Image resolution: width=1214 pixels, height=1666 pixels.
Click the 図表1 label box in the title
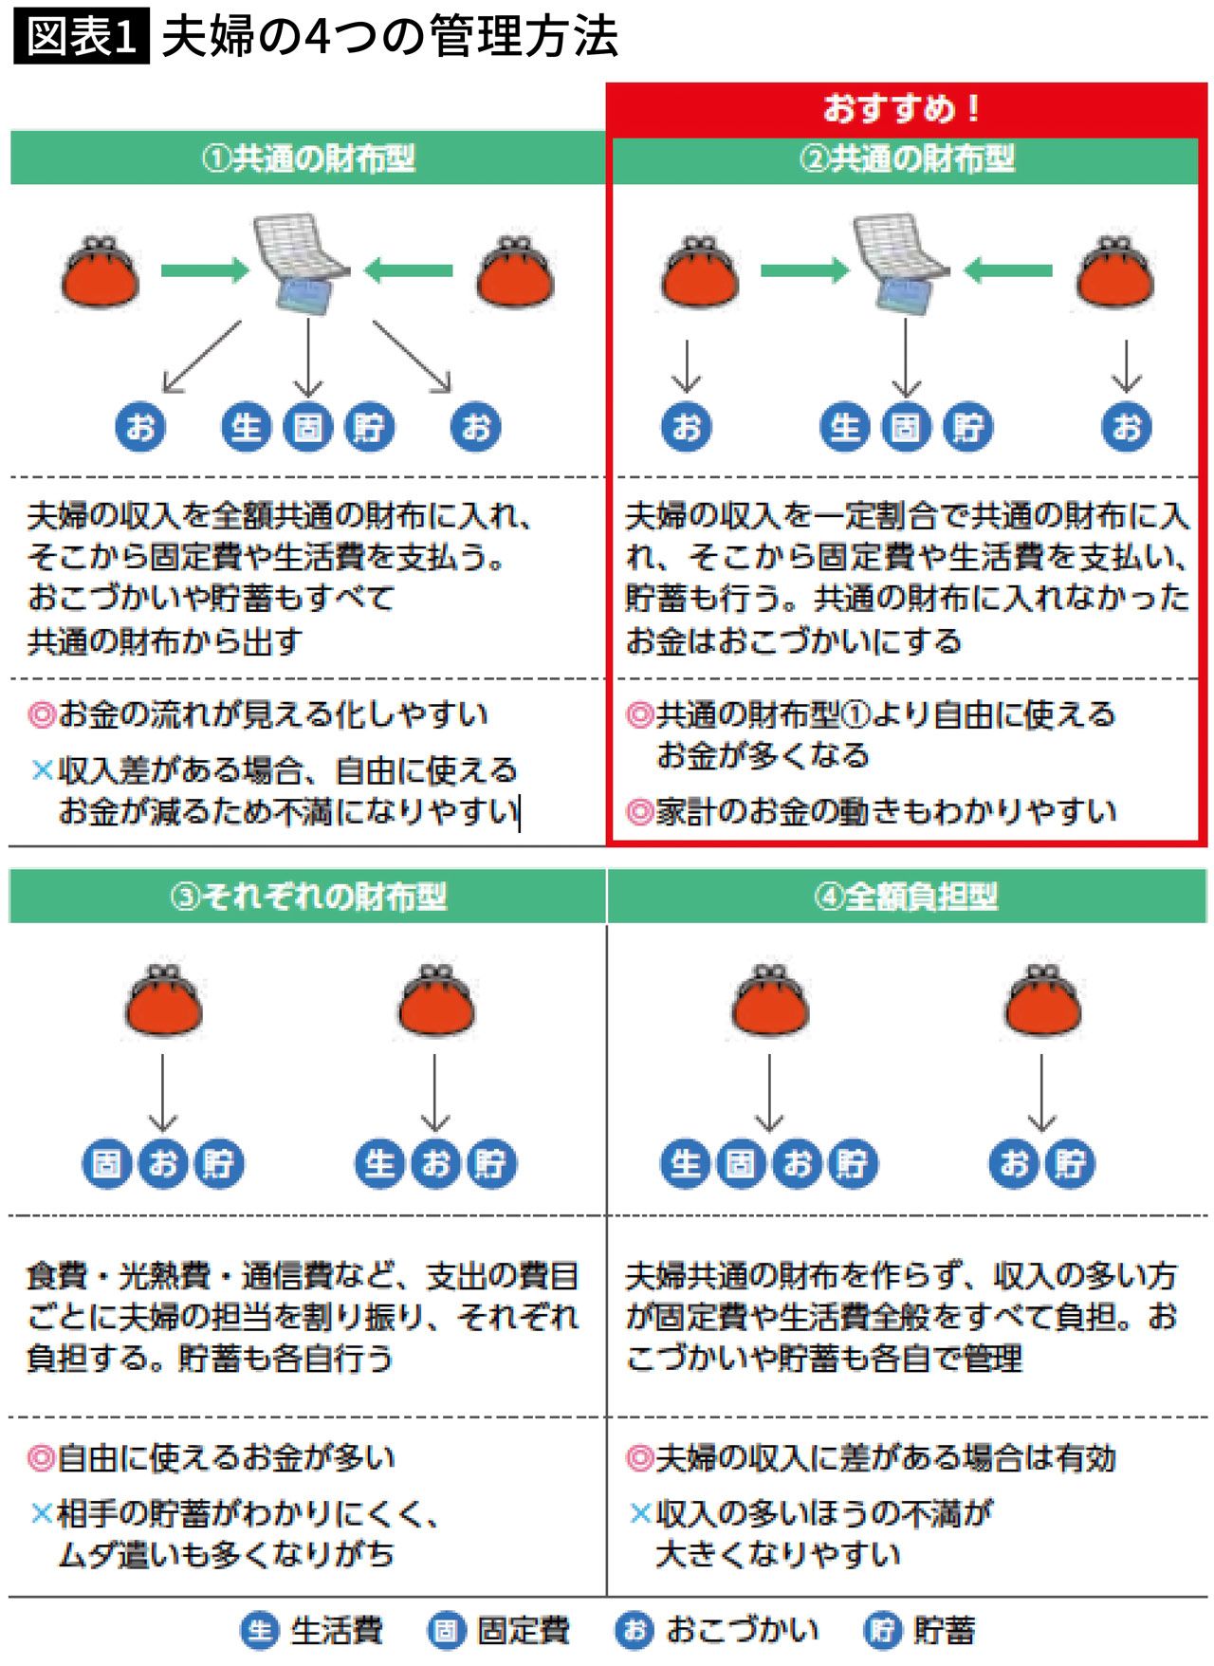pyautogui.click(x=82, y=38)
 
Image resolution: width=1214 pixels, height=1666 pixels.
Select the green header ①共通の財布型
pyautogui.click(x=307, y=158)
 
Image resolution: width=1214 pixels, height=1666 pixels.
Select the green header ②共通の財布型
pyautogui.click(x=907, y=158)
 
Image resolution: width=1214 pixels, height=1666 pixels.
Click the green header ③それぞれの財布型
pyautogui.click(x=307, y=897)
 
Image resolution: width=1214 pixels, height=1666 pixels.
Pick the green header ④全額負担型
pyautogui.click(x=907, y=897)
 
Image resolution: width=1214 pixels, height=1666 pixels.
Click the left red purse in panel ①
pyautogui.click(x=100, y=272)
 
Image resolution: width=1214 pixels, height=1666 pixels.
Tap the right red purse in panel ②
pyautogui.click(x=1114, y=272)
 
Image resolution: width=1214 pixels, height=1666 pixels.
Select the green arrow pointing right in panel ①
pyautogui.click(x=204, y=271)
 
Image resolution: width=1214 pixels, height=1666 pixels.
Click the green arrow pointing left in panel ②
pyautogui.click(x=1007, y=271)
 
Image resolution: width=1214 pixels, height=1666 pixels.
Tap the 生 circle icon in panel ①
pyautogui.click(x=246, y=427)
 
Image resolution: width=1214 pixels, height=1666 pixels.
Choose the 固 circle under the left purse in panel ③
pyautogui.click(x=107, y=1163)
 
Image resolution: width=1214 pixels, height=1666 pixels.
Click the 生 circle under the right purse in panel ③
pyautogui.click(x=379, y=1163)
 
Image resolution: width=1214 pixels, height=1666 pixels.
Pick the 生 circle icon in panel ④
pyautogui.click(x=685, y=1163)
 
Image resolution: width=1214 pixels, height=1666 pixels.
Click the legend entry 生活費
pyautogui.click(x=312, y=1631)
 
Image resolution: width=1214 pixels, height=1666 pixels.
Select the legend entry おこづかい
pyautogui.click(x=717, y=1631)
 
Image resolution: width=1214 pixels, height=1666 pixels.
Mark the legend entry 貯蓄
pyautogui.click(x=919, y=1631)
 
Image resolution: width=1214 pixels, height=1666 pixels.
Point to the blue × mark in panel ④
pyautogui.click(x=640, y=1513)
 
